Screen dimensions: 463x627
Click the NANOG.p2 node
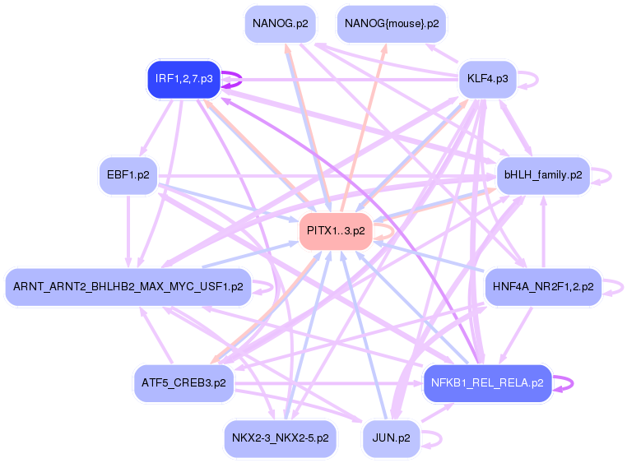click(281, 24)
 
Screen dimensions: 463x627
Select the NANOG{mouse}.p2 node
click(392, 24)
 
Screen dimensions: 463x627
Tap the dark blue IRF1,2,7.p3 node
click(183, 80)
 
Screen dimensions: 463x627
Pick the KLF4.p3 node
click(487, 80)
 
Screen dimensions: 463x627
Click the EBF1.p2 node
click(128, 175)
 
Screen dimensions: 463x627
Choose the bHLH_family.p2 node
click(543, 175)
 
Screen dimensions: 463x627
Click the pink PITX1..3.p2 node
click(336, 231)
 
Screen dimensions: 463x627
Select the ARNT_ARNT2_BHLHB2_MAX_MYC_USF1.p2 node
click(128, 287)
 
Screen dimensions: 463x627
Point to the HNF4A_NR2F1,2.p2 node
click(543, 287)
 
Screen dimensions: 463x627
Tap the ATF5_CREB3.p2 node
click(183, 383)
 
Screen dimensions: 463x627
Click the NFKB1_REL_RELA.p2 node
click(487, 383)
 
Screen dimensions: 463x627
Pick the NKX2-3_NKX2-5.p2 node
click(281, 438)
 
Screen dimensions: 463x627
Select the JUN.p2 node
click(392, 438)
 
